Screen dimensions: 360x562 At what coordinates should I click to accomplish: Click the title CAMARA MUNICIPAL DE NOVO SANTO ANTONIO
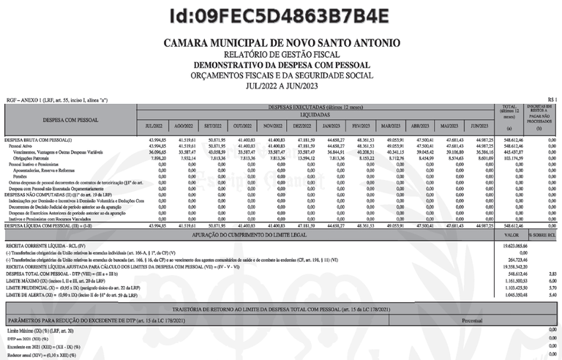point(281,43)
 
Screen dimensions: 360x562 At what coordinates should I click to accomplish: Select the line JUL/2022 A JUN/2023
point(281,85)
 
